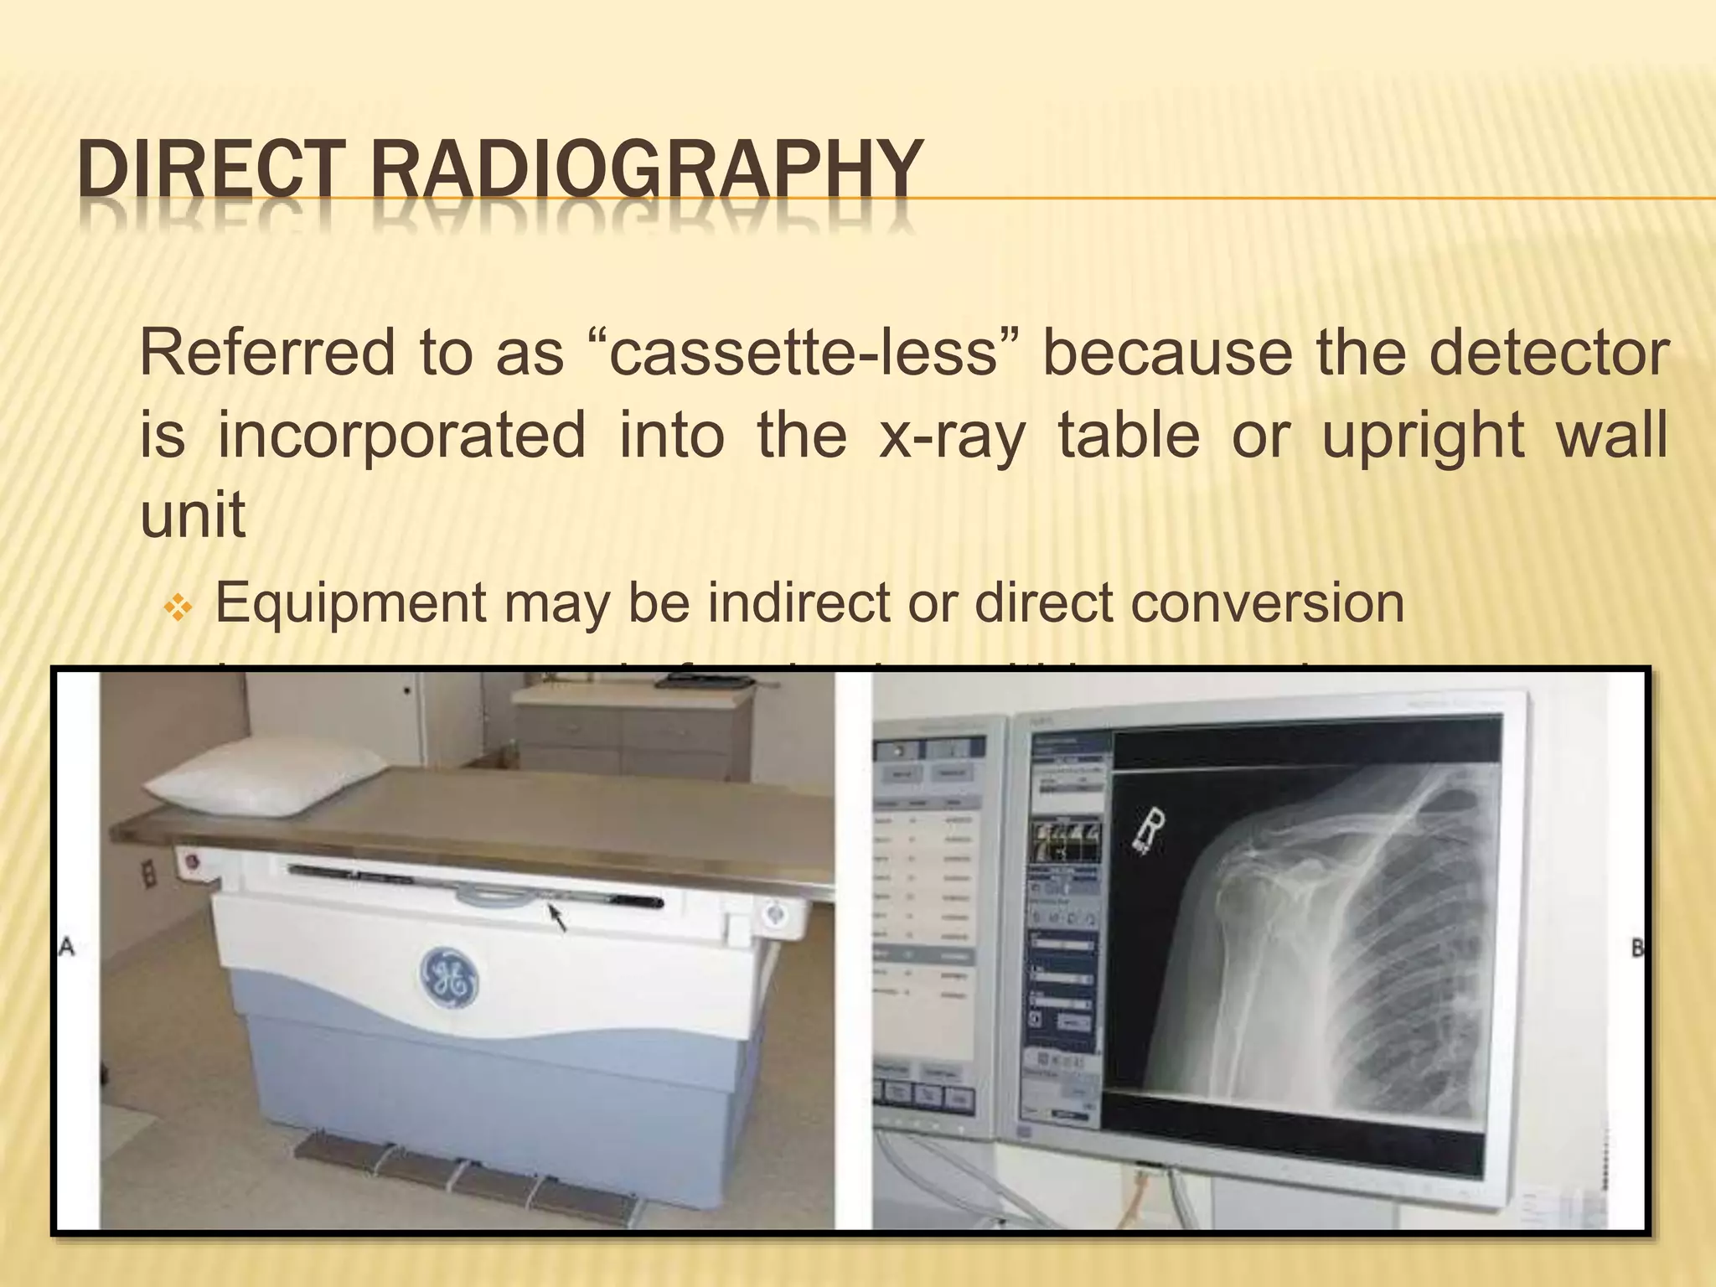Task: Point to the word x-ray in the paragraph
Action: pos(952,436)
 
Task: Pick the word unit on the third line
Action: pos(193,514)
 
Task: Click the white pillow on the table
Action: pos(266,778)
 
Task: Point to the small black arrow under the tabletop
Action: pos(557,917)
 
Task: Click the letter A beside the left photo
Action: pos(68,948)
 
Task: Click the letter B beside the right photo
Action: pos(1637,949)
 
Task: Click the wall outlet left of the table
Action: pos(148,874)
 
